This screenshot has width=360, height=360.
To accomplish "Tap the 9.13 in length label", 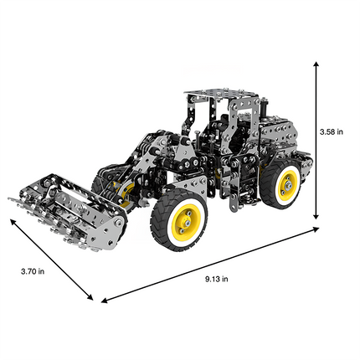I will pos(216,279).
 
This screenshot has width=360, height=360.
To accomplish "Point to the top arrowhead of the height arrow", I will pos(316,63).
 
